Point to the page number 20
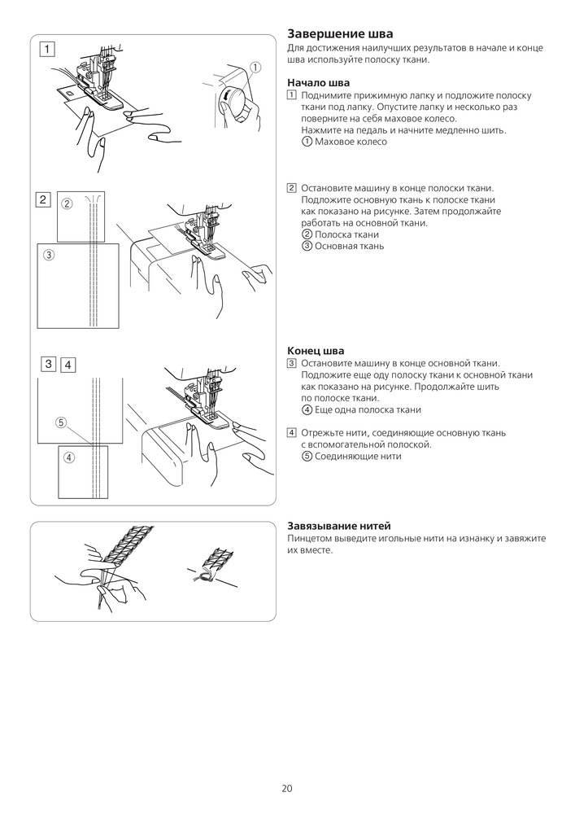(x=287, y=788)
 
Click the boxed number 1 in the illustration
(x=48, y=49)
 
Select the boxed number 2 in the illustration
(x=44, y=199)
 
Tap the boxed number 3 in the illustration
(x=49, y=364)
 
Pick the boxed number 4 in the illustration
(x=68, y=365)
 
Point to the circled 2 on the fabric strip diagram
(x=68, y=203)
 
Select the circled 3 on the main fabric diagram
(x=49, y=255)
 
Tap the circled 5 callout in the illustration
(x=61, y=422)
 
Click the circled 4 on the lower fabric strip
(x=69, y=457)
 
